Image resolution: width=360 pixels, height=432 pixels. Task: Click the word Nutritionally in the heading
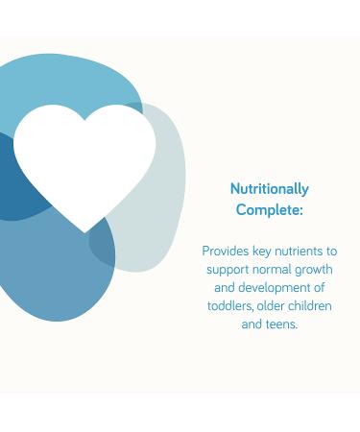(270, 189)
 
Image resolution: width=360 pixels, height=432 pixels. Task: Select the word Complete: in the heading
(270, 209)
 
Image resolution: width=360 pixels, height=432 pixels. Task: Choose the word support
(227, 269)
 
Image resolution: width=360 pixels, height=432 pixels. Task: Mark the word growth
(314, 270)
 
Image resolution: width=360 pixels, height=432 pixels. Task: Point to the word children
(312, 306)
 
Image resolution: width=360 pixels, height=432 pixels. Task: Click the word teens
(282, 324)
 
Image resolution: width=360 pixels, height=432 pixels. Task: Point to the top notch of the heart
(85, 120)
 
